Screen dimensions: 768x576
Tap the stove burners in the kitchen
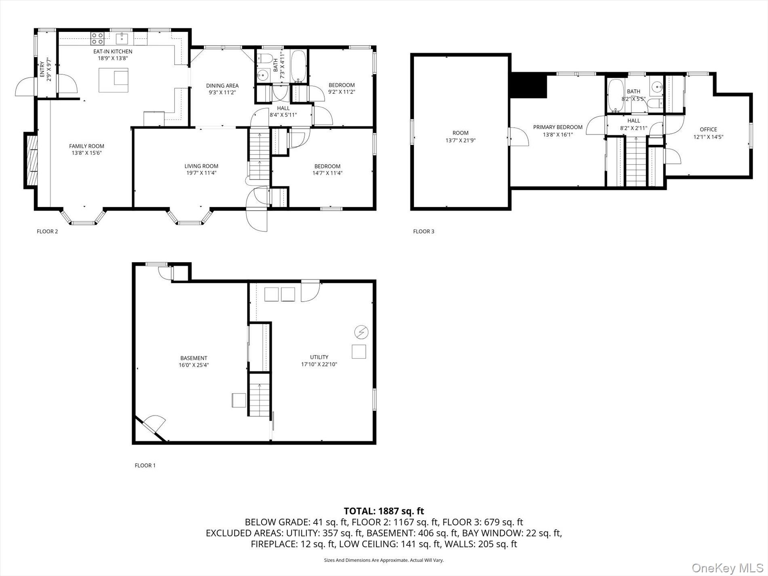pos(97,38)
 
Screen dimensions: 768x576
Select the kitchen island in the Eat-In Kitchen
pos(114,80)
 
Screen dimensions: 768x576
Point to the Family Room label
pos(87,146)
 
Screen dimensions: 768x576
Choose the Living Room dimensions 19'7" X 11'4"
pos(201,173)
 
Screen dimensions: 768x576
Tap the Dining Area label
pos(222,86)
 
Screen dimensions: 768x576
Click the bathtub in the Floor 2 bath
pos(299,67)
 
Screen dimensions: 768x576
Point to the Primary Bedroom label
pos(558,127)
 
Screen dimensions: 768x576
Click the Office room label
pos(708,129)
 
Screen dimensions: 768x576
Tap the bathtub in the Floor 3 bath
pos(616,95)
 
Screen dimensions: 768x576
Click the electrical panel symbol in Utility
pos(361,332)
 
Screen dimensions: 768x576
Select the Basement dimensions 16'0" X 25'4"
pos(194,365)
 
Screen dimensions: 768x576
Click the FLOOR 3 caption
pos(424,232)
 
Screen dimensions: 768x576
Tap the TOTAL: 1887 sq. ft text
pos(384,511)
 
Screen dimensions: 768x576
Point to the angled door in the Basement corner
pos(153,428)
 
